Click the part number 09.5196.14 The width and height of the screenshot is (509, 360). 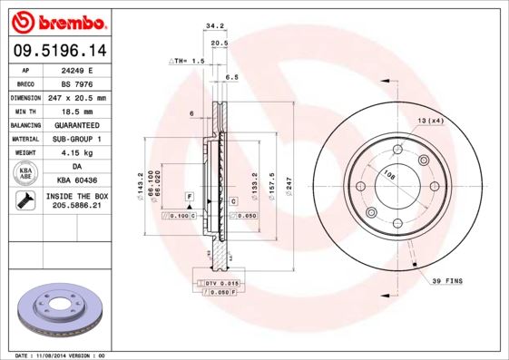coord(56,51)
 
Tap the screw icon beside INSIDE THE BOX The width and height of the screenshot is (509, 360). coord(25,201)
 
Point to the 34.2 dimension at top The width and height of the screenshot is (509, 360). coord(215,26)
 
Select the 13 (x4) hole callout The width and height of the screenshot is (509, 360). coord(430,121)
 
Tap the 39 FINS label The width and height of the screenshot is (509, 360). coord(447,281)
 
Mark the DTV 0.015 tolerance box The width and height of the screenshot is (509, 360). coord(220,285)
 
